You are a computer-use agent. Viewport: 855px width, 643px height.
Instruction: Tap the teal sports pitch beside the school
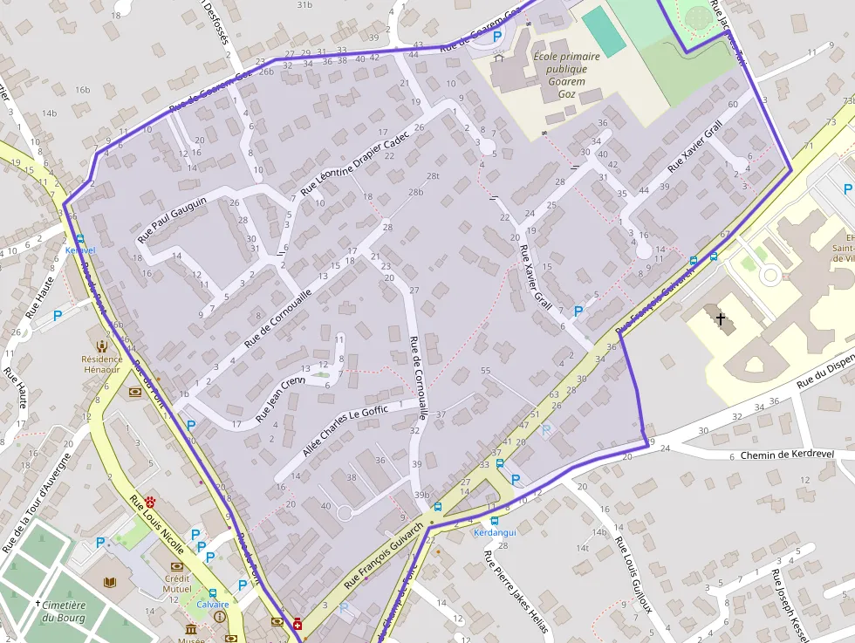point(604,31)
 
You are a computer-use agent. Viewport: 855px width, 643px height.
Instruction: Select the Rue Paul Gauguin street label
point(172,219)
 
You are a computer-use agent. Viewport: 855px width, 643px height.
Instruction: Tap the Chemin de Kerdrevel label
point(787,455)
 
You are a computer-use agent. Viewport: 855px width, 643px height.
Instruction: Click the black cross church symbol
point(721,320)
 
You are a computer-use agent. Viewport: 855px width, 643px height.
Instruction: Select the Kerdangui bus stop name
point(494,532)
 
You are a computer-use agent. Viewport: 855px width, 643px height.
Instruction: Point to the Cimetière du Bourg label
point(63,612)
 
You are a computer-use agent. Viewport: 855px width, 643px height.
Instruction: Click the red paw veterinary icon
point(151,502)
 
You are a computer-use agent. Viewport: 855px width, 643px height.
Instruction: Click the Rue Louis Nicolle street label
point(157,525)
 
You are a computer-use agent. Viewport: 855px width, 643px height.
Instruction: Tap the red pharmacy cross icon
point(298,624)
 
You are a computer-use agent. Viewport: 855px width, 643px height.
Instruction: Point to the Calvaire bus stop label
point(212,605)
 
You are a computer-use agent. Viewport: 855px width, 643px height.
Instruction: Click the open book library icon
point(109,582)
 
